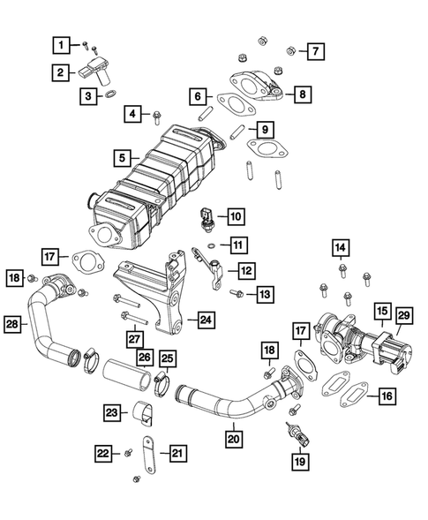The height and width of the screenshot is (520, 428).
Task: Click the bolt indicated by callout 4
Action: pos(156,115)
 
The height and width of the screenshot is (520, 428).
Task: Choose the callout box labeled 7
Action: pos(314,51)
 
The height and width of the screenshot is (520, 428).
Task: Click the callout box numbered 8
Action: pos(303,94)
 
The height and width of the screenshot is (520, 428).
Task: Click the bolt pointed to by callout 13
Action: pos(237,292)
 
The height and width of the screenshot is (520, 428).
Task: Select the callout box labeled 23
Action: pos(112,411)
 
